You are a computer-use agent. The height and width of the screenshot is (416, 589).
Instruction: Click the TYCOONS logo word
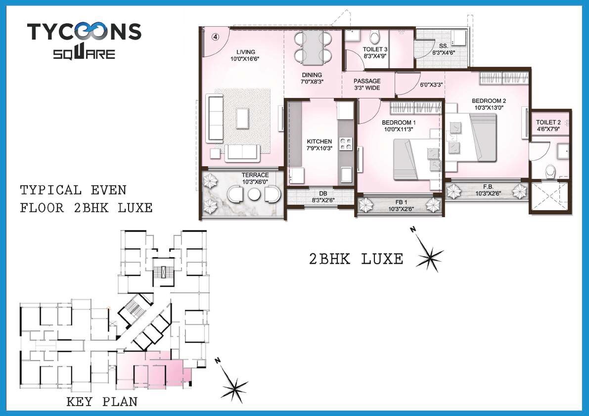click(x=84, y=32)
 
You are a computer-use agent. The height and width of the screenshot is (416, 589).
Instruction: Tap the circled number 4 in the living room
click(x=216, y=36)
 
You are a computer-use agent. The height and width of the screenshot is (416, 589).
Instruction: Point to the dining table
click(x=312, y=47)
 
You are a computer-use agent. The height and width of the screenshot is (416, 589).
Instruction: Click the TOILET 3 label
click(x=375, y=53)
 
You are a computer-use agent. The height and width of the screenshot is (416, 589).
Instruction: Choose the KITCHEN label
click(x=319, y=145)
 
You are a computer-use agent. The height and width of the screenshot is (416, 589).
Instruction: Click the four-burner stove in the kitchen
click(x=347, y=143)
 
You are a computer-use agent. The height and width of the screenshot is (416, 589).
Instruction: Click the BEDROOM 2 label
click(x=489, y=104)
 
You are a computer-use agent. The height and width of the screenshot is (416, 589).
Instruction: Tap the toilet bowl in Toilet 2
click(x=550, y=172)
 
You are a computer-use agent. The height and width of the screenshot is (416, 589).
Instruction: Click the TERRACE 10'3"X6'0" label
click(x=255, y=178)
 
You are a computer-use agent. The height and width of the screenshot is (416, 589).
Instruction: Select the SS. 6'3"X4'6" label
click(x=443, y=49)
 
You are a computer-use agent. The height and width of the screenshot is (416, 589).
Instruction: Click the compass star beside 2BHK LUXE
click(x=430, y=255)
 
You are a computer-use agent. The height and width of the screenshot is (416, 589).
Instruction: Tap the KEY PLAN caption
click(x=102, y=402)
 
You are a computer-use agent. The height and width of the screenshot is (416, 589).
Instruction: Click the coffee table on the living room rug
click(x=243, y=117)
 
